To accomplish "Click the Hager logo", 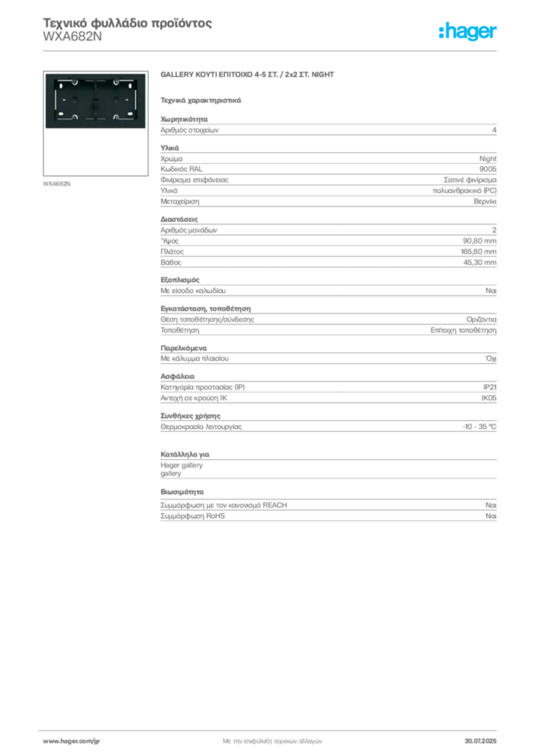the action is (x=468, y=32).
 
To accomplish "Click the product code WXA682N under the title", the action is (x=72, y=37).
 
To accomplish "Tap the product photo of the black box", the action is (x=95, y=100).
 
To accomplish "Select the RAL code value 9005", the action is (x=488, y=169).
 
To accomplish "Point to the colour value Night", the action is (x=488, y=159).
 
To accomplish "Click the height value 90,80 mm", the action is (x=480, y=241).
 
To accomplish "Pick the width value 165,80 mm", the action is (x=479, y=252).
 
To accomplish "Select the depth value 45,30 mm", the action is (x=480, y=263).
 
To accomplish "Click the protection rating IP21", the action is (x=490, y=387).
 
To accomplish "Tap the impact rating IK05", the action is (x=488, y=398).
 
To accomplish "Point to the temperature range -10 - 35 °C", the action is (x=479, y=427).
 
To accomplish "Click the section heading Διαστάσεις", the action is (x=179, y=219).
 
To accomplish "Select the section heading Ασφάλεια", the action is (x=177, y=377).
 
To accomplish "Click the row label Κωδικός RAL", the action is (x=181, y=169).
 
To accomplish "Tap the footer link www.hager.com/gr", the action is (x=72, y=741).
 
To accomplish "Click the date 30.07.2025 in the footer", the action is (x=480, y=741).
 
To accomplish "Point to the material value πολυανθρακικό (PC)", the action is (x=465, y=191).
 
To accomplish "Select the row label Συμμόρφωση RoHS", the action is (x=192, y=516).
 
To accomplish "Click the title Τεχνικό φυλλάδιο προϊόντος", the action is (x=127, y=23).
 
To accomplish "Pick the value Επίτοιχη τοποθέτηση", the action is (x=463, y=330).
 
